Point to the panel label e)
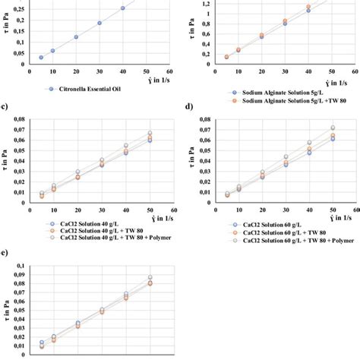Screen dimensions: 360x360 7,252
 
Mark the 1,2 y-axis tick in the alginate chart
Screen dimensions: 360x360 205,4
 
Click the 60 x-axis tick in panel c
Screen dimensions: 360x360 174,210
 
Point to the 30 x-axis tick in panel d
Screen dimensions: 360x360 286,210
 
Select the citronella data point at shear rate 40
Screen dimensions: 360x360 122,8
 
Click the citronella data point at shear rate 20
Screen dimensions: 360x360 76,36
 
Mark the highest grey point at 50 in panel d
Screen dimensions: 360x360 332,128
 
